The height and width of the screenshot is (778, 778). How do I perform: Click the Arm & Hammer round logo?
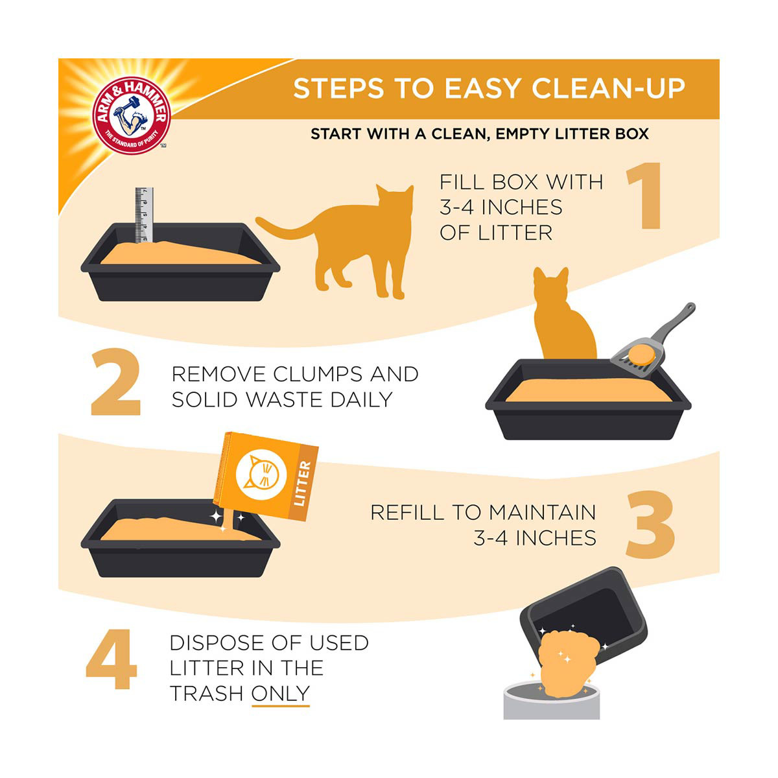tap(132, 115)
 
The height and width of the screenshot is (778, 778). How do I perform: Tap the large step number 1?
tap(644, 196)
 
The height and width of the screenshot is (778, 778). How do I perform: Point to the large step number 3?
tap(650, 525)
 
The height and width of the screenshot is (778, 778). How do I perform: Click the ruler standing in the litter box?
tap(144, 215)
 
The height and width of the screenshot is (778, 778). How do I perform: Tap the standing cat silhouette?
tap(335, 241)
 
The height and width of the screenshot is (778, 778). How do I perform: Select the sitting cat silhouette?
tap(564, 313)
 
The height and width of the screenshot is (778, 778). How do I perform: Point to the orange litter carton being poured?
tap(266, 477)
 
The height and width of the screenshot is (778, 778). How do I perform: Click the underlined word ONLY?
tap(280, 694)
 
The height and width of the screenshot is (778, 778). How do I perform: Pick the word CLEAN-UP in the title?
tap(608, 88)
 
